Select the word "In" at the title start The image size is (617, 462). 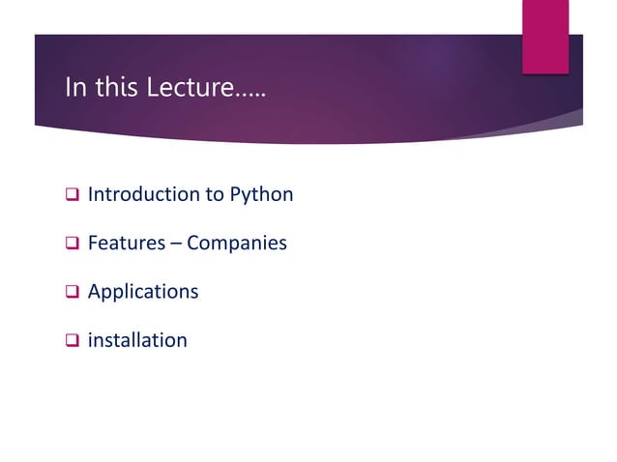(x=73, y=89)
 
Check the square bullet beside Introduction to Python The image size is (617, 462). (x=71, y=195)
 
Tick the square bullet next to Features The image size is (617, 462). (x=71, y=244)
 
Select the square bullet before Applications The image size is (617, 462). (x=71, y=292)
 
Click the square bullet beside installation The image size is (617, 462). (x=71, y=340)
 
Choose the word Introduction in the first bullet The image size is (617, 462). (x=143, y=194)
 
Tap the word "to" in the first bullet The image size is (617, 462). (x=215, y=194)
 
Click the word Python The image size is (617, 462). (x=261, y=195)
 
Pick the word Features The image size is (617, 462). (x=125, y=243)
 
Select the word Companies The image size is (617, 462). (x=237, y=244)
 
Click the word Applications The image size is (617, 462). (x=143, y=292)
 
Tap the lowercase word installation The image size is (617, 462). (x=137, y=339)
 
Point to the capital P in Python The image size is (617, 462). (x=235, y=194)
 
